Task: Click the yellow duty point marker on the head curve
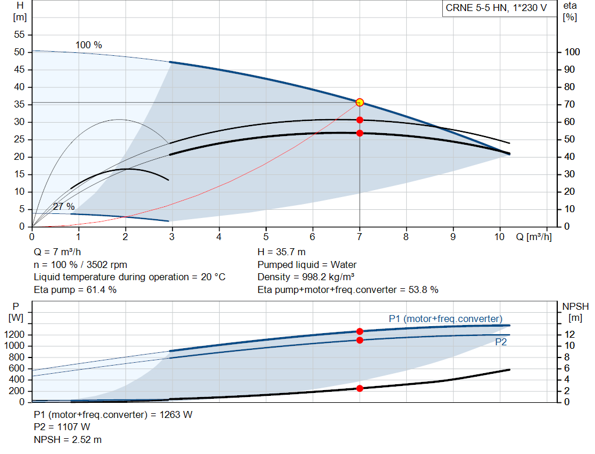point(360,102)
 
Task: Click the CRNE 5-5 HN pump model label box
point(496,8)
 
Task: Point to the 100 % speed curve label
point(89,45)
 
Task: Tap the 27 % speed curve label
point(64,206)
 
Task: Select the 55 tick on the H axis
point(19,34)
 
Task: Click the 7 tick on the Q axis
point(359,237)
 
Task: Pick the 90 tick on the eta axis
point(569,70)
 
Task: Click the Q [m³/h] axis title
point(534,237)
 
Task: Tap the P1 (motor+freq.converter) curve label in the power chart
point(446,319)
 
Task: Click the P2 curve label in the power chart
point(501,342)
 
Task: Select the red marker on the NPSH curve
point(360,388)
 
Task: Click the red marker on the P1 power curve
point(360,331)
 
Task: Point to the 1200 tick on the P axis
point(15,334)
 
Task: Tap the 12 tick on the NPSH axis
point(569,334)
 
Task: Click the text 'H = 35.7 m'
point(282,252)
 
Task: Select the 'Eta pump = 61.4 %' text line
point(75,290)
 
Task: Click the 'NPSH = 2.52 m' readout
point(67,439)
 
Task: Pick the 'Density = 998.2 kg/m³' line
point(306,277)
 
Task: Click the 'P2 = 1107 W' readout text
point(62,427)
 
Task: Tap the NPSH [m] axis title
point(575,312)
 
